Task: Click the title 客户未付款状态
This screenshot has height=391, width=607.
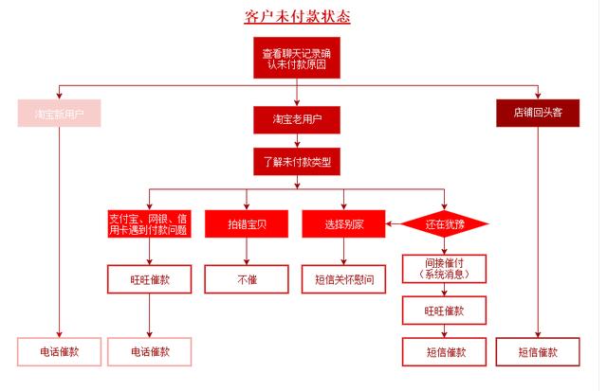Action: click(x=297, y=17)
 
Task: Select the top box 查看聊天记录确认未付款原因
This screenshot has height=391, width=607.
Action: click(x=297, y=58)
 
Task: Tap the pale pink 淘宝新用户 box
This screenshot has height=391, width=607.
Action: click(x=59, y=114)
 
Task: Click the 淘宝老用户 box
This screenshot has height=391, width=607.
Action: click(x=297, y=120)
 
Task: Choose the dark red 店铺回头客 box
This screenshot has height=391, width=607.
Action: click(x=538, y=113)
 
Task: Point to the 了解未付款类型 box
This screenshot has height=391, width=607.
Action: click(x=297, y=162)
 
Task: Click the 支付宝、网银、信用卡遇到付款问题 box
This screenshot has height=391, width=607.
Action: click(x=149, y=223)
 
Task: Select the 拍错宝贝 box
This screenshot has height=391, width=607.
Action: click(x=247, y=223)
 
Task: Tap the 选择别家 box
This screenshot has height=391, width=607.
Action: click(x=343, y=223)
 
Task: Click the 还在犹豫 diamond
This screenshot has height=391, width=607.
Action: click(x=445, y=223)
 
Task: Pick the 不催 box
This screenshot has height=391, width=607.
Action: click(x=247, y=279)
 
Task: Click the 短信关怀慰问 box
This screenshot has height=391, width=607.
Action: click(x=343, y=279)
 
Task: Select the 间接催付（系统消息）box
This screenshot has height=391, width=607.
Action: click(x=444, y=269)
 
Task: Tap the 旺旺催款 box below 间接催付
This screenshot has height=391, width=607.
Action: click(x=444, y=311)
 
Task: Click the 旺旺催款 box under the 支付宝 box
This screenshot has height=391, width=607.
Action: click(x=149, y=279)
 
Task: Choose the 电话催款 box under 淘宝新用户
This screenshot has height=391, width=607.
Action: click(x=59, y=351)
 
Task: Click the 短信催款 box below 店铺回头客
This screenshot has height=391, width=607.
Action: click(x=538, y=351)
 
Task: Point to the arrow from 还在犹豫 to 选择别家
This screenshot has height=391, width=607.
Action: click(x=393, y=223)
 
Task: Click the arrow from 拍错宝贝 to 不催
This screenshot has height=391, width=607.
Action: click(x=247, y=251)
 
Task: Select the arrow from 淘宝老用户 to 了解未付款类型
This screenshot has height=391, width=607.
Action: click(x=297, y=141)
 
